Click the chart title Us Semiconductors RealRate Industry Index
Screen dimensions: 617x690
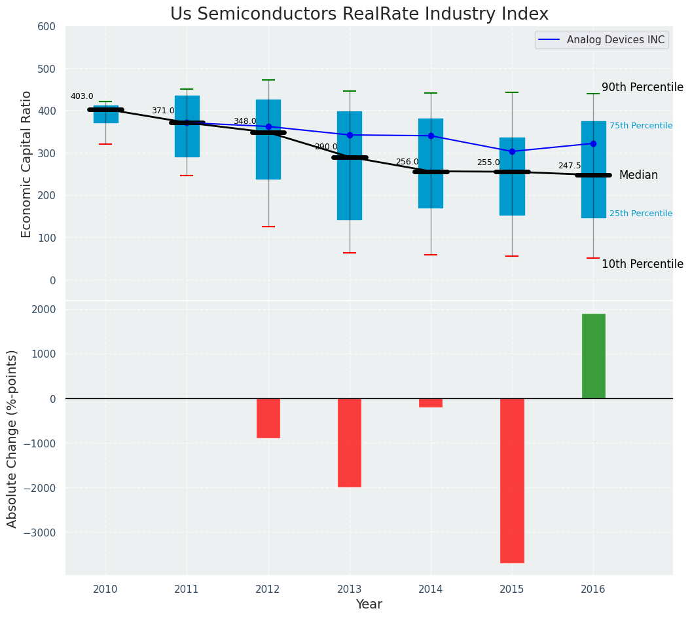point(359,14)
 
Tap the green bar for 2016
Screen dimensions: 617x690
point(593,356)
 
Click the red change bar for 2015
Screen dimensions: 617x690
point(512,480)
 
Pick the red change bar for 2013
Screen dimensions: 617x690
point(350,442)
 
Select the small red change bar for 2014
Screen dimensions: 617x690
point(431,403)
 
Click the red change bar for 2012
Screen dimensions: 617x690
point(268,418)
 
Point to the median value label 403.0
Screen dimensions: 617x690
point(82,96)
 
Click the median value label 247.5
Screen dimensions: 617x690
point(569,166)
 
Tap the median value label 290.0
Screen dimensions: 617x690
point(326,147)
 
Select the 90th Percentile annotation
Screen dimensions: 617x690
point(642,87)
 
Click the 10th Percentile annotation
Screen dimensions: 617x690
point(642,264)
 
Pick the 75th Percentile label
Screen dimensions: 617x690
point(640,126)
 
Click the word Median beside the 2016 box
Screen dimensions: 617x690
point(638,175)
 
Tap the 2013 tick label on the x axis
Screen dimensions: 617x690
point(350,589)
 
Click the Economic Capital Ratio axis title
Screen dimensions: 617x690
point(27,164)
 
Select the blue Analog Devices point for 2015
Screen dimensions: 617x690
point(512,151)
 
